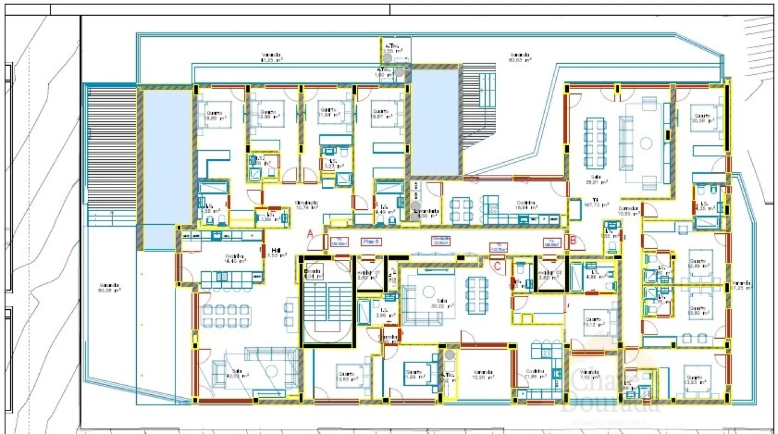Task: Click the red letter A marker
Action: click(311, 234)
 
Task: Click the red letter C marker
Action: click(498, 265)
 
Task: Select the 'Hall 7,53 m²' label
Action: click(277, 253)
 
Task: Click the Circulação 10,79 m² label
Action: click(307, 205)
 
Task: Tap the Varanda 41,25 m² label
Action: click(272, 58)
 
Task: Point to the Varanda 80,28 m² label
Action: click(110, 288)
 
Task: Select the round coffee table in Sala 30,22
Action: click(428, 291)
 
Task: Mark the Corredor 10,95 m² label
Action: click(629, 211)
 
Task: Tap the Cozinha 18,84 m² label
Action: click(526, 205)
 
